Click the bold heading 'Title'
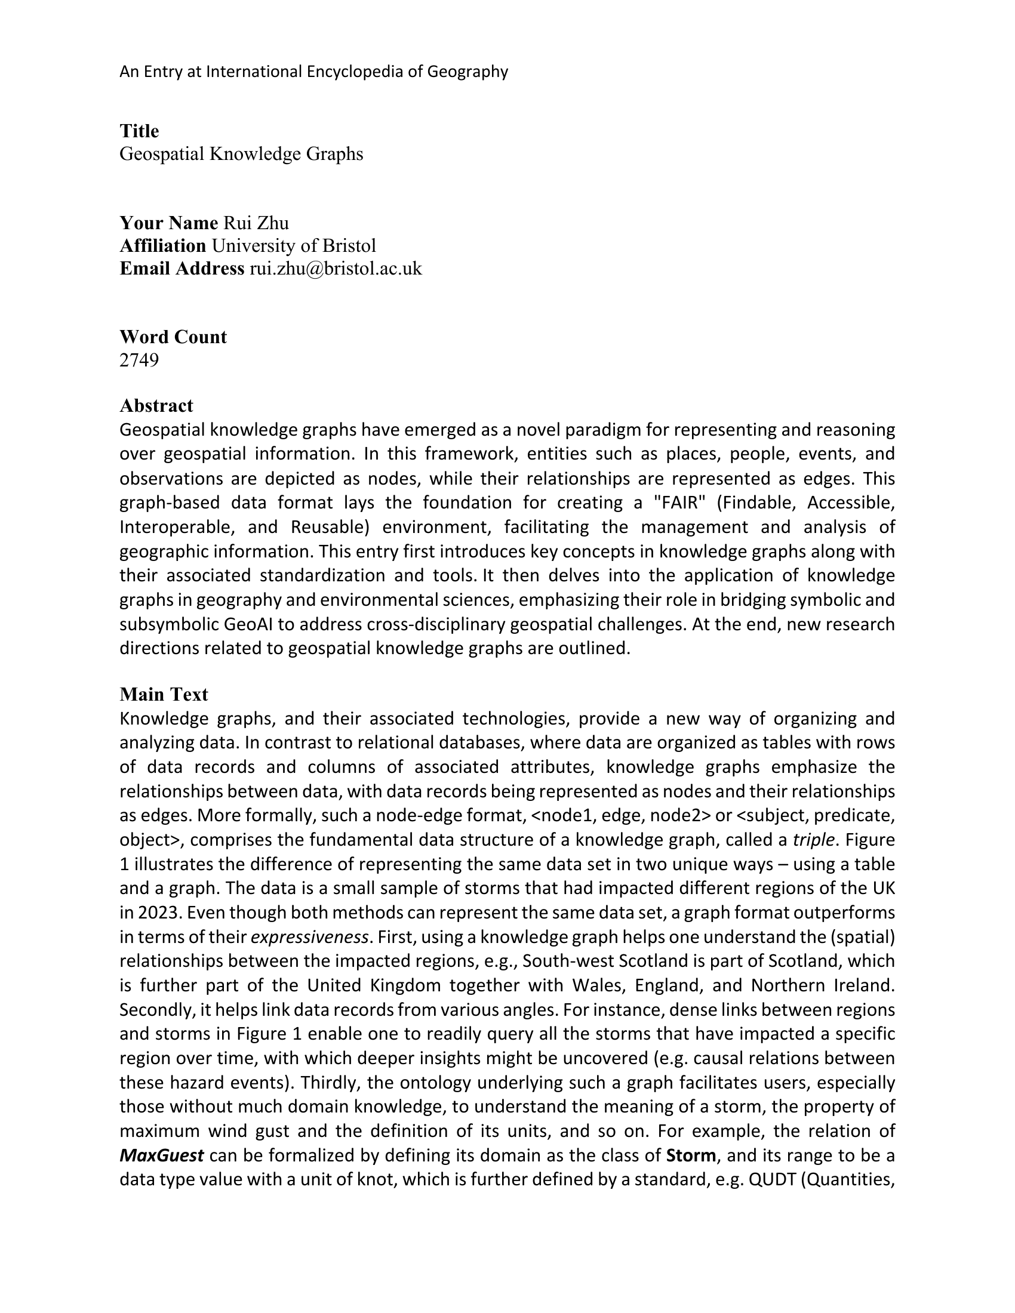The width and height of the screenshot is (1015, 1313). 139,131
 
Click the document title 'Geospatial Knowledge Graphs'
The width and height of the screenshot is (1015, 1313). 241,154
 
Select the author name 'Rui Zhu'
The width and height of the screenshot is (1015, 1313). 256,223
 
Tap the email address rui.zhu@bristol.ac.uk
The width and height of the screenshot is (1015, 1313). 336,269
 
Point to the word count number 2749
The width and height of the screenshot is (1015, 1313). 139,360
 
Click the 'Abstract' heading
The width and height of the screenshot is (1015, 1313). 156,406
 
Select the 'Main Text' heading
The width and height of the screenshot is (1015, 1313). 164,694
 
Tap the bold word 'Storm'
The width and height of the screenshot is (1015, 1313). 691,1155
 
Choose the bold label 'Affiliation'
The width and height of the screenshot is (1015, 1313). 163,246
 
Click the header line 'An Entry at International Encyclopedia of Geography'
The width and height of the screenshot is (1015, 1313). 313,72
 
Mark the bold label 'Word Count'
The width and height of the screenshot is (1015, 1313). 173,337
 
